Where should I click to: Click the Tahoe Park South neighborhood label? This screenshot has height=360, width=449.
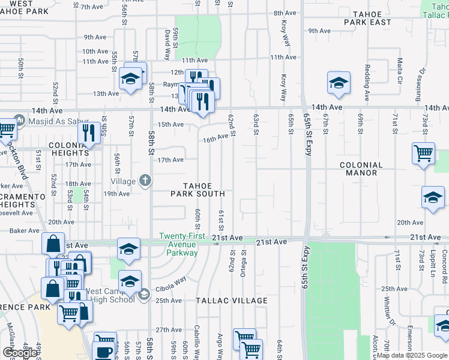[x=197, y=190]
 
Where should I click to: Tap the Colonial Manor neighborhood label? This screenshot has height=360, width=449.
[x=361, y=169]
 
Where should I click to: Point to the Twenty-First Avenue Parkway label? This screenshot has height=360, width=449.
[x=178, y=244]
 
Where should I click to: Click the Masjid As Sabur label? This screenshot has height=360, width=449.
[x=51, y=120]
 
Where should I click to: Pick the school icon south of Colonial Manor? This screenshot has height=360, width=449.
[x=433, y=198]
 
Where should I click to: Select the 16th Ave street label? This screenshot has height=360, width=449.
[x=216, y=138]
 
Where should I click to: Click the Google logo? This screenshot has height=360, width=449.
[x=19, y=353]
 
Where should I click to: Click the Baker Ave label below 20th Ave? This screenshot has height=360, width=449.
[x=24, y=230]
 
